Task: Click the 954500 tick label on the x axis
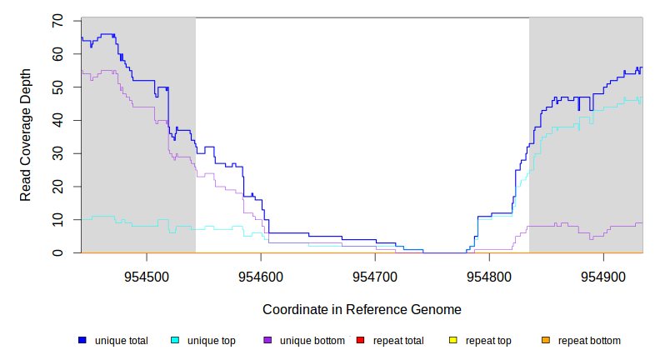[x=147, y=274]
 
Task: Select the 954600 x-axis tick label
[x=261, y=274]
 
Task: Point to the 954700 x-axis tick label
[x=375, y=274]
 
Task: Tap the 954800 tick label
[x=489, y=274]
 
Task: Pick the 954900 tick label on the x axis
[x=603, y=274]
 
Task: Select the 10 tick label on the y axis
[x=57, y=220]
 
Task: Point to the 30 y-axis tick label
[x=57, y=153]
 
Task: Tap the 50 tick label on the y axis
[x=57, y=87]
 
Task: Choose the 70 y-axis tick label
[x=57, y=21]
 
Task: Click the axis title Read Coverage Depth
[x=26, y=137]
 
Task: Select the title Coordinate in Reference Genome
[x=362, y=309]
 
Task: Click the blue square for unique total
[x=82, y=341]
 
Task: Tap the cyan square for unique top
[x=175, y=341]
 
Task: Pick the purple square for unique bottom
[x=267, y=341]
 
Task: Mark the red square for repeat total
[x=360, y=341]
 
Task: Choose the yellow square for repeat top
[x=453, y=341]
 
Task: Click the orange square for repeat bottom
[x=546, y=341]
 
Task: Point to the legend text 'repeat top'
[x=488, y=341]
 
